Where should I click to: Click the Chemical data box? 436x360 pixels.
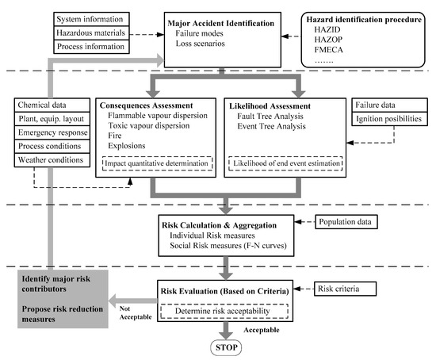tap(51, 104)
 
